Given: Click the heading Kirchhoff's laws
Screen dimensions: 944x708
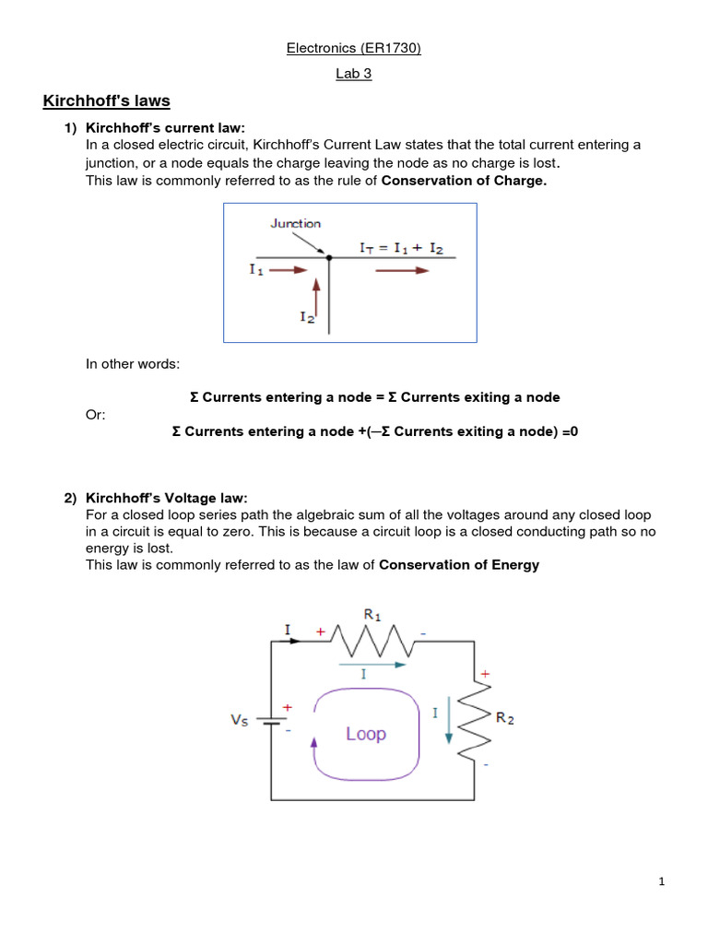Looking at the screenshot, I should [x=106, y=100].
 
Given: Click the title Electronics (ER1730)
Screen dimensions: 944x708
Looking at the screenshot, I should [x=353, y=49].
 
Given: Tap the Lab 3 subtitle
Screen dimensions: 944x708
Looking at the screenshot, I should [x=353, y=74].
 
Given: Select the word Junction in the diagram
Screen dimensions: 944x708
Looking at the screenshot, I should [x=295, y=223].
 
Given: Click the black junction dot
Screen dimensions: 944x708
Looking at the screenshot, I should [x=329, y=257].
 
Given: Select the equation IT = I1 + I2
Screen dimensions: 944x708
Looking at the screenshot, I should [x=407, y=248].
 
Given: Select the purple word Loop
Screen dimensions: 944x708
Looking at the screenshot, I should [x=366, y=734].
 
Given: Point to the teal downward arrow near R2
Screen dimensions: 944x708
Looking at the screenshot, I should [x=449, y=723].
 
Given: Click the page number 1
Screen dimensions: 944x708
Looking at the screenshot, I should [x=661, y=881].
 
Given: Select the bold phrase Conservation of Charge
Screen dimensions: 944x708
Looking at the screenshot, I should [x=464, y=182].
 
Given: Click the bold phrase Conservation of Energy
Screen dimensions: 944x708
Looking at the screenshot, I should [x=459, y=565].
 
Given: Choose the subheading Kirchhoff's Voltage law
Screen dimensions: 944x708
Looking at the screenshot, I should [x=167, y=499].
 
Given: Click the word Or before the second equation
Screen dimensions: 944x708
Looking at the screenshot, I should [x=96, y=415].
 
